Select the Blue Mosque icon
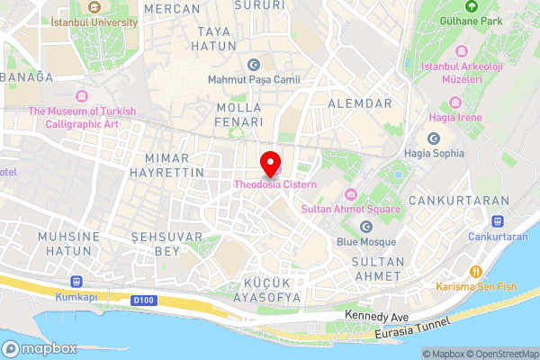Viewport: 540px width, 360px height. click(366, 227)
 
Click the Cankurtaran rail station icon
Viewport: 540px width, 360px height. click(497, 221)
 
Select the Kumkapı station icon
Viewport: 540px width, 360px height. click(76, 281)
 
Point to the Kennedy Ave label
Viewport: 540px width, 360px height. click(377, 318)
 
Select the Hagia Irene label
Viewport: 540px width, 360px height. click(455, 117)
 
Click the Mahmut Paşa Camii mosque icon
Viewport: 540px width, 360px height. click(253, 64)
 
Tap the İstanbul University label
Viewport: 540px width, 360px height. click(94, 21)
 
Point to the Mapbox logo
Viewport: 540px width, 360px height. click(40, 348)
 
